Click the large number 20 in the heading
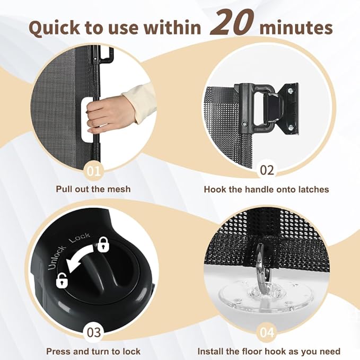click(232, 23)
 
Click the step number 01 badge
click(94, 171)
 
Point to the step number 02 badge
click(267, 170)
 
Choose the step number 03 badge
click(94, 332)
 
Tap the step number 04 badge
click(267, 332)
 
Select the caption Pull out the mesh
click(93, 189)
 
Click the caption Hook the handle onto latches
click(266, 189)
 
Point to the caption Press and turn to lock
click(93, 352)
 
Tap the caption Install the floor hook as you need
click(269, 352)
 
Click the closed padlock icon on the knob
click(103, 244)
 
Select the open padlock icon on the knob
click(62, 280)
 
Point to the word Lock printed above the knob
click(80, 238)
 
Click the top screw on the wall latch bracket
click(291, 91)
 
